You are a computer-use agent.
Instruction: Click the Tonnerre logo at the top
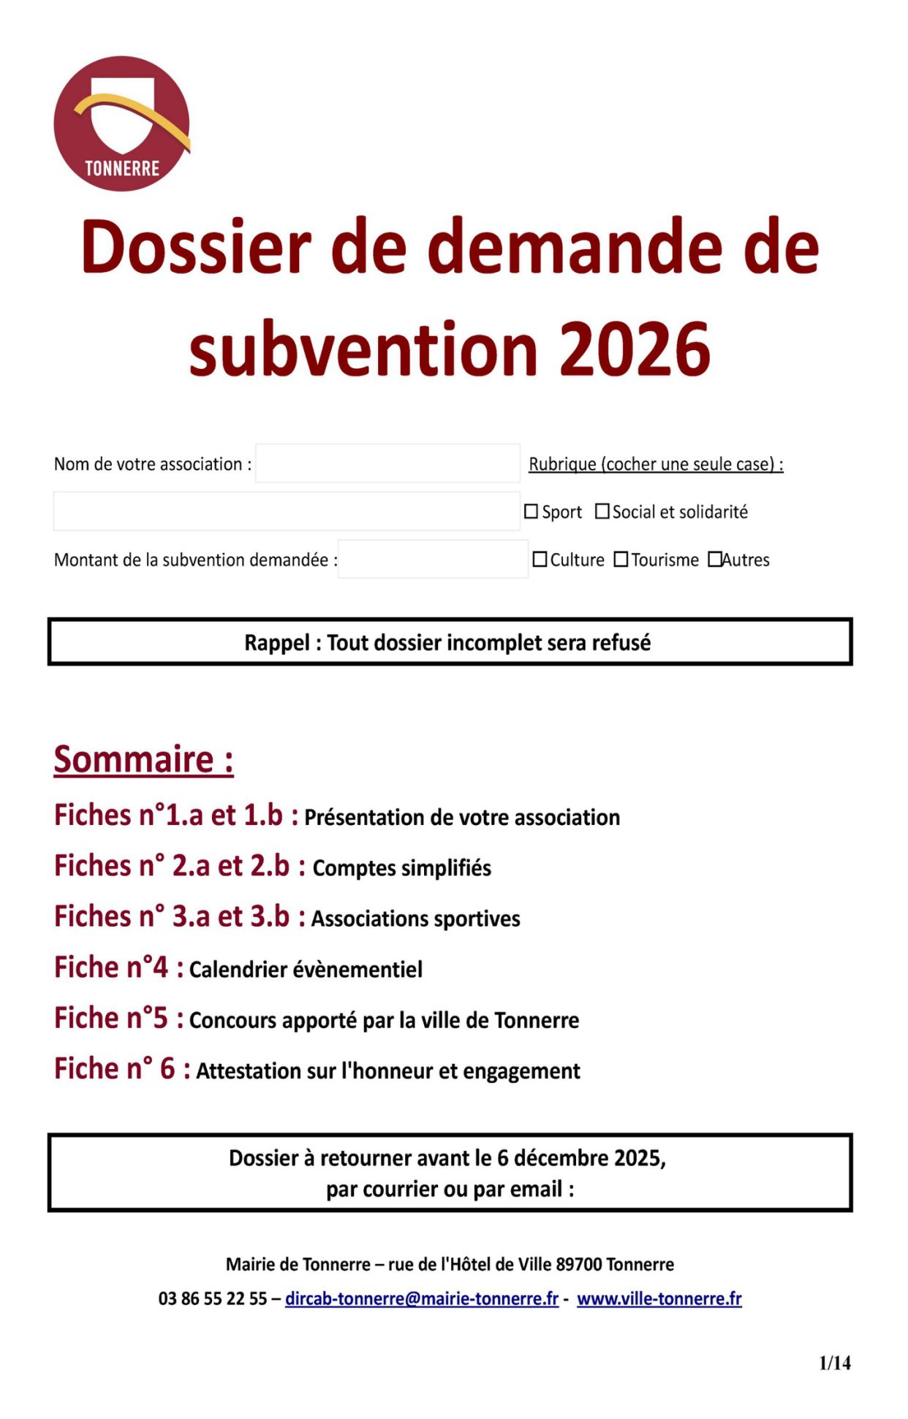(x=121, y=123)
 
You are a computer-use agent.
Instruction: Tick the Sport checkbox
(x=531, y=512)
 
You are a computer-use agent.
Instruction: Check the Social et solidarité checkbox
(x=602, y=511)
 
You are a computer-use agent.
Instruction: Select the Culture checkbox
(x=540, y=560)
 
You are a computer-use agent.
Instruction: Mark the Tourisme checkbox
(x=621, y=560)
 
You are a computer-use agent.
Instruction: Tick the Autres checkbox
(x=714, y=560)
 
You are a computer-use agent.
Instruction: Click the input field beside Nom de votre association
(x=387, y=463)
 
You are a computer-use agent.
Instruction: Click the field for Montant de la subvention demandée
(x=433, y=559)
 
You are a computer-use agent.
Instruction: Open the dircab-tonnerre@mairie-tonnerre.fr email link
(x=422, y=1298)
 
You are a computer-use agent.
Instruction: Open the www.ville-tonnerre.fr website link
(x=659, y=1298)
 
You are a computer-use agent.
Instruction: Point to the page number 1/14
(x=835, y=1363)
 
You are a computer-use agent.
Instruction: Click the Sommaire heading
(x=143, y=759)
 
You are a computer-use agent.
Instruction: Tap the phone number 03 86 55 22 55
(x=213, y=1298)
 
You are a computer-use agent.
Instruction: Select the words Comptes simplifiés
(x=401, y=868)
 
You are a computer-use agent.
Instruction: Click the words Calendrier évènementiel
(x=306, y=970)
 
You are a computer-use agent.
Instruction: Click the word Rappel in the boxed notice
(x=276, y=643)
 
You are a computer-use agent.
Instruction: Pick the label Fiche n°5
(x=111, y=1018)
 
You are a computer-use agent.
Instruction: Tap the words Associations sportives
(x=415, y=918)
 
